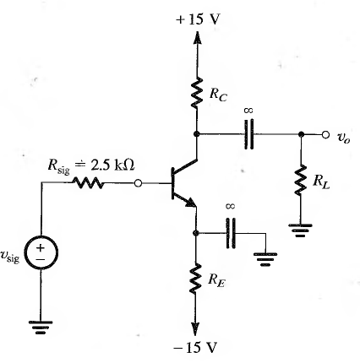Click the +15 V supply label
[x=198, y=19]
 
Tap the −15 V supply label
[x=195, y=347]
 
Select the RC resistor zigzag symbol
[x=197, y=93]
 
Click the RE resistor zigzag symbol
[x=195, y=279]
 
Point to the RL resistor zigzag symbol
[x=301, y=180]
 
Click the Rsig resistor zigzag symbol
[x=89, y=183]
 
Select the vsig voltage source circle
[x=41, y=252]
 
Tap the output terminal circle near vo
[x=325, y=135]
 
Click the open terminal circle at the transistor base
[x=138, y=183]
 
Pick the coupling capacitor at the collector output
[x=248, y=134]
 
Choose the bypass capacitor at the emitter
[x=231, y=233]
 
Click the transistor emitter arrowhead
[x=190, y=203]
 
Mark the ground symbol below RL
[x=300, y=230]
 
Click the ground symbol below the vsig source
[x=41, y=328]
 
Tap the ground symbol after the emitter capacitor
[x=265, y=259]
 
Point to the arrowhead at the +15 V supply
[x=197, y=37]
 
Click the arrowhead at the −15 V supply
[x=195, y=328]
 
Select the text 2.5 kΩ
[x=112, y=165]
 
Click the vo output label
[x=344, y=138]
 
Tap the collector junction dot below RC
[x=197, y=134]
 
